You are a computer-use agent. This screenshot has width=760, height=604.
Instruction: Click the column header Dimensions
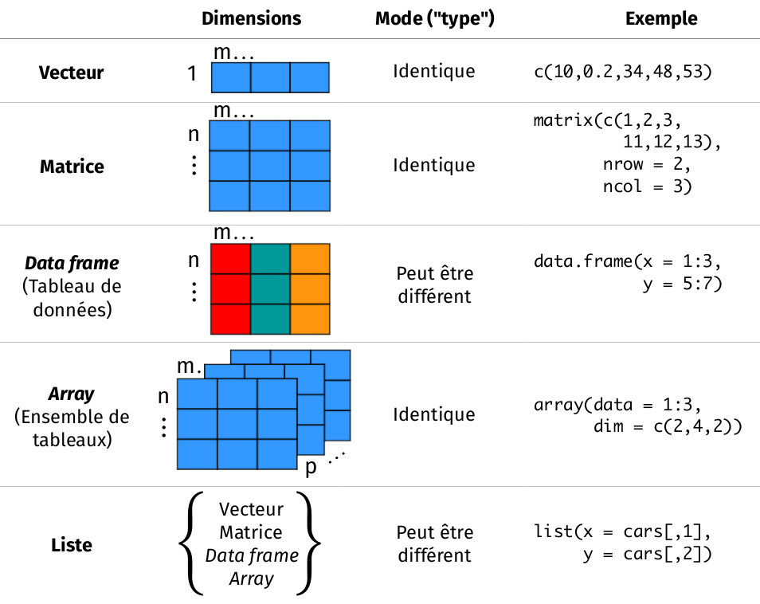[x=251, y=18]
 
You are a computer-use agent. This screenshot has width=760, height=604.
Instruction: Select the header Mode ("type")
[x=435, y=18]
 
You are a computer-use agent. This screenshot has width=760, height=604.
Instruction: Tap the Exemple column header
[x=661, y=18]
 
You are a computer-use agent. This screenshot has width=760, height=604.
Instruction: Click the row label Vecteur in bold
[x=71, y=73]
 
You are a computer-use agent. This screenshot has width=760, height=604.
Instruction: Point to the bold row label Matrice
[x=72, y=167]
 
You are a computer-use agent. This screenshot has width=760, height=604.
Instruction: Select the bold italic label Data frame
[x=72, y=263]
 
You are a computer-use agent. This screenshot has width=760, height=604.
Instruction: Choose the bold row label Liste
[x=72, y=545]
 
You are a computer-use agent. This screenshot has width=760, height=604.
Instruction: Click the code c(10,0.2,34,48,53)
[x=622, y=73]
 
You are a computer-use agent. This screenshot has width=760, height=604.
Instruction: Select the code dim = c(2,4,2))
[x=668, y=426]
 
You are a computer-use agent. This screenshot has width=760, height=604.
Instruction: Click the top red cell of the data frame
[x=230, y=259]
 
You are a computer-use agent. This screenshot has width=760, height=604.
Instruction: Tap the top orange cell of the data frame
[x=310, y=259]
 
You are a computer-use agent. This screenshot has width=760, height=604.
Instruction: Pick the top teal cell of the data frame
[x=270, y=259]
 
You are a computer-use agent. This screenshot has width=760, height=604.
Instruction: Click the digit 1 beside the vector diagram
[x=191, y=74]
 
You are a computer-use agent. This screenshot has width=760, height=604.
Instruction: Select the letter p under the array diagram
[x=311, y=467]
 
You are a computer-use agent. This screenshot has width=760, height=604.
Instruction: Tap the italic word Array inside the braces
[x=251, y=579]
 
